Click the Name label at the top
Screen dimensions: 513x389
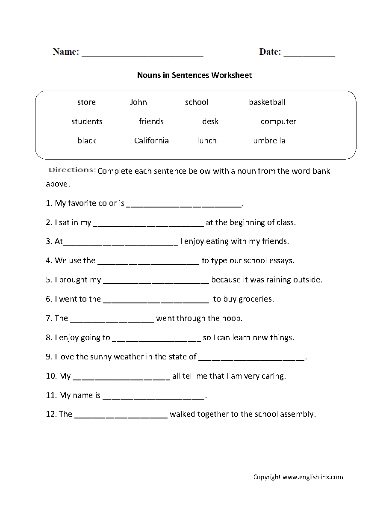[x=66, y=52]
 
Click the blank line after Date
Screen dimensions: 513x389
[x=309, y=54]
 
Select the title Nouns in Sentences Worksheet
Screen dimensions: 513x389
[x=194, y=75]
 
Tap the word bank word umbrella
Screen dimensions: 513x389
[x=269, y=141]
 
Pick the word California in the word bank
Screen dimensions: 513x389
[x=151, y=141]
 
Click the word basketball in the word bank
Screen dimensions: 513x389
[x=267, y=102]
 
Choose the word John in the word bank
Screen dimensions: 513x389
[x=138, y=102]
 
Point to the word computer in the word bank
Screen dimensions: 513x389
[x=278, y=122]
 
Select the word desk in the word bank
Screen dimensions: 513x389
[x=210, y=122]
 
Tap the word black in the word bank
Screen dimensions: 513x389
[x=86, y=141]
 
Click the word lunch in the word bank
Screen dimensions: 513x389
[x=206, y=141]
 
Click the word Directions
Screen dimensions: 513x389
[x=72, y=170]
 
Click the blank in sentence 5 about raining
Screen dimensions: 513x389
[x=156, y=281]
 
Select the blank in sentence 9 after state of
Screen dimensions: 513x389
[x=252, y=358]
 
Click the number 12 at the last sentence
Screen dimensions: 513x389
[x=50, y=414]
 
